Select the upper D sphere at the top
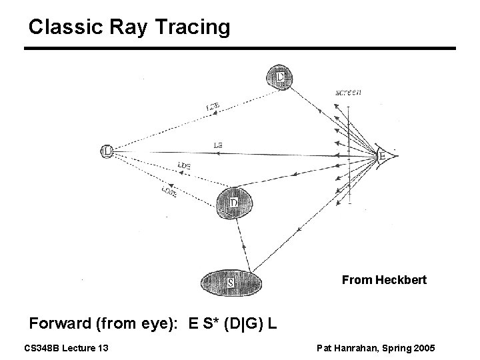[x=279, y=77]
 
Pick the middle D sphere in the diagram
[x=235, y=201]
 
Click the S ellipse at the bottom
[x=229, y=282]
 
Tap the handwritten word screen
[x=347, y=93]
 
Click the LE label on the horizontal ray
[x=218, y=144]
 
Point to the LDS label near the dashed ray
[x=185, y=165]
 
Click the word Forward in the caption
[x=61, y=325]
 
